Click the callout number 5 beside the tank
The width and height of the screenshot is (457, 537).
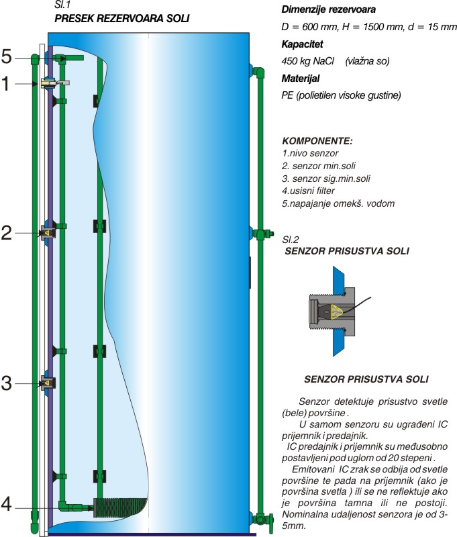[7, 56]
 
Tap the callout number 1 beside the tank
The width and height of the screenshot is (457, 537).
[6, 83]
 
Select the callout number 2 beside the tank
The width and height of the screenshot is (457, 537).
[7, 233]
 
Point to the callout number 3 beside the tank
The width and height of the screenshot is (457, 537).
[7, 383]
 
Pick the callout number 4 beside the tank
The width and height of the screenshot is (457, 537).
[7, 505]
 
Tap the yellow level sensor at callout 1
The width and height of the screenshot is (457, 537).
[45, 83]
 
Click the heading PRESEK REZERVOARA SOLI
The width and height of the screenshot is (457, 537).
[122, 18]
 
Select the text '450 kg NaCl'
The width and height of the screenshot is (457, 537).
[307, 61]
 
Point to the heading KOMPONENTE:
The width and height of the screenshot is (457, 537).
[317, 141]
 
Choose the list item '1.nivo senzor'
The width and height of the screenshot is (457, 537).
[310, 153]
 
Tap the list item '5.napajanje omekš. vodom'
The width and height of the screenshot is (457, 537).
[338, 203]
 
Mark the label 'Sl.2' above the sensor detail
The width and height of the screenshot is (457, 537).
[291, 240]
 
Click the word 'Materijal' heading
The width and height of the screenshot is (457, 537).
[300, 79]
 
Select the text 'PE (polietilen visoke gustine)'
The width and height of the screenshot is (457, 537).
[341, 95]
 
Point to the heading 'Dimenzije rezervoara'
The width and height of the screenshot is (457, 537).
[328, 9]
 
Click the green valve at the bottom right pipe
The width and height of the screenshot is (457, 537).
[264, 520]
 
